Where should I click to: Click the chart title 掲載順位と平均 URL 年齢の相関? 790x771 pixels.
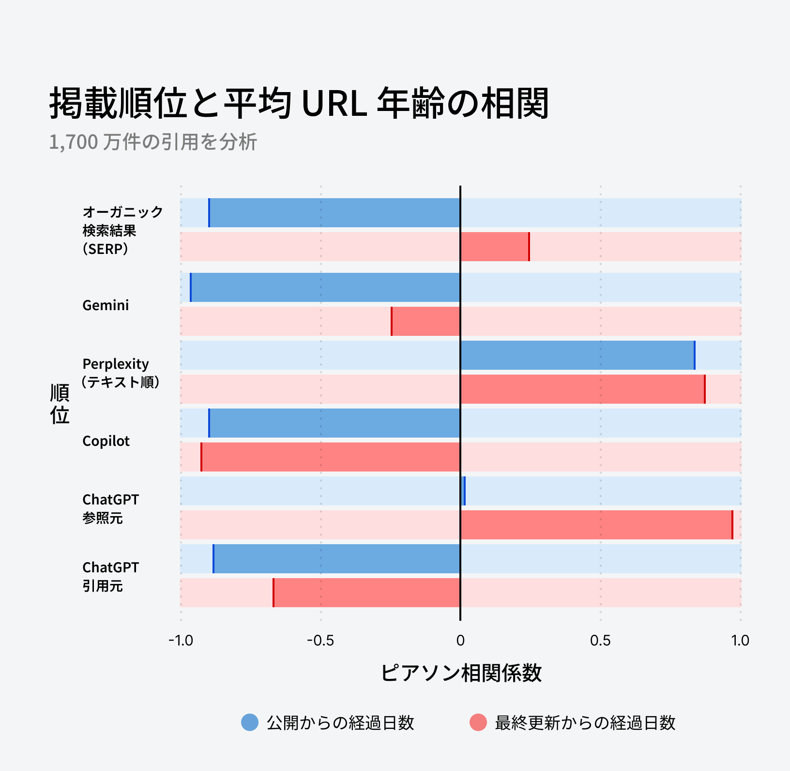pyautogui.click(x=299, y=103)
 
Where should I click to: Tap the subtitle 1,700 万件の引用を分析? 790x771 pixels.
pyautogui.click(x=153, y=142)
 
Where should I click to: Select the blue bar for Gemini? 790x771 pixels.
pyautogui.click(x=325, y=287)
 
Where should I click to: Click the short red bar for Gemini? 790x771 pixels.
pyautogui.click(x=426, y=321)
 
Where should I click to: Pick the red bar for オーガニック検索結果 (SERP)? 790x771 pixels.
pyautogui.click(x=495, y=247)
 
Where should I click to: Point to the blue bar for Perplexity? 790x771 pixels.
pyautogui.click(x=577, y=355)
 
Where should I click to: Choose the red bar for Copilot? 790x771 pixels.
pyautogui.click(x=331, y=457)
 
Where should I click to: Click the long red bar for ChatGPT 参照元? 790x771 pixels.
pyautogui.click(x=596, y=525)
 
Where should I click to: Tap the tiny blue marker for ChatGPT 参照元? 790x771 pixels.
pyautogui.click(x=463, y=491)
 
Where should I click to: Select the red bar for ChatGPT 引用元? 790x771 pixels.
pyautogui.click(x=366, y=593)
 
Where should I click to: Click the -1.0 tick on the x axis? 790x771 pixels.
pyautogui.click(x=181, y=641)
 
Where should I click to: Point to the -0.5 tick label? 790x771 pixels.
pyautogui.click(x=320, y=641)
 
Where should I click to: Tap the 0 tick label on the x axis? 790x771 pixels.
pyautogui.click(x=460, y=641)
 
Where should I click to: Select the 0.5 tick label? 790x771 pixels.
pyautogui.click(x=600, y=641)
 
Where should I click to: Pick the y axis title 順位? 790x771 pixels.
pyautogui.click(x=60, y=404)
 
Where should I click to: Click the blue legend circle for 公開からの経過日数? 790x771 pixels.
pyautogui.click(x=250, y=723)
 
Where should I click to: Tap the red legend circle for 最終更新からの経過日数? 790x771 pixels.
pyautogui.click(x=478, y=723)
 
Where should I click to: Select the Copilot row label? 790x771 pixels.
pyautogui.click(x=106, y=441)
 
